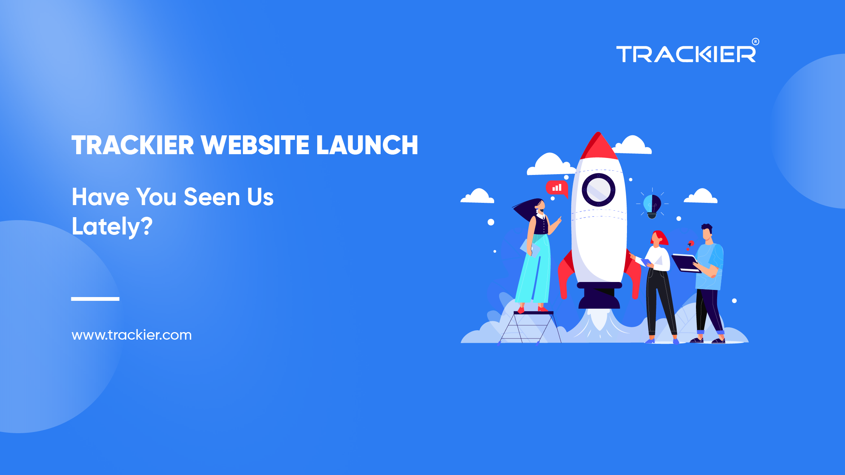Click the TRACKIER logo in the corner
click(685, 54)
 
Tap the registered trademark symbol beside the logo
click(755, 41)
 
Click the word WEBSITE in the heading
click(255, 145)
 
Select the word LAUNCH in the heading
click(367, 145)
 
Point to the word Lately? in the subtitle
click(112, 227)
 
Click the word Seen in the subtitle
click(212, 197)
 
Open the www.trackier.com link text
click(132, 335)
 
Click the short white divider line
click(95, 299)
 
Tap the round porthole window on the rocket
click(598, 190)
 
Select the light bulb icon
click(652, 205)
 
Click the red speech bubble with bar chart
click(557, 188)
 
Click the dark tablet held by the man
click(685, 263)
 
